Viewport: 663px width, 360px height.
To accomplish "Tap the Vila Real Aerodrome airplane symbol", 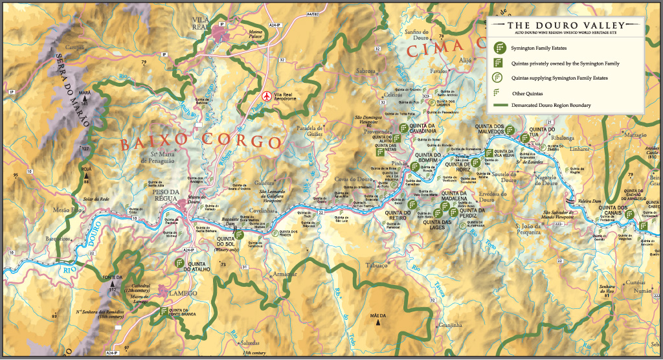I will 265,96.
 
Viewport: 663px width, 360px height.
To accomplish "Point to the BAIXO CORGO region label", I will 201,140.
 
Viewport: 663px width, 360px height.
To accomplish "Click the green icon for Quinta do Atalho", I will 179,263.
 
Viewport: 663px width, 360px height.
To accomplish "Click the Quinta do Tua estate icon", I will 524,139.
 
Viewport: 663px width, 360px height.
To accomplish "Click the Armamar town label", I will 284,275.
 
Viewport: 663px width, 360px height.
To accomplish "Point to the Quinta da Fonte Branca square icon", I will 162,311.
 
